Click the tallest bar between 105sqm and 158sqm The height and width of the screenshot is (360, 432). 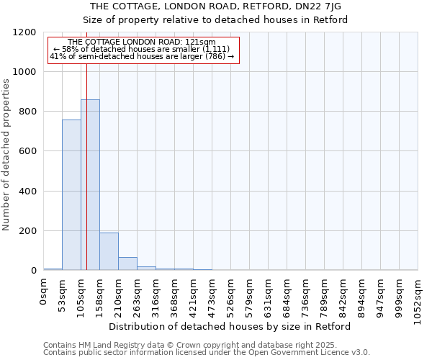pyautogui.click(x=90, y=185)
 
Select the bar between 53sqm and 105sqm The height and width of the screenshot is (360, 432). pyautogui.click(x=71, y=195)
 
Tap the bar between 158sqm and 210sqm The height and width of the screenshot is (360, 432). pyautogui.click(x=109, y=251)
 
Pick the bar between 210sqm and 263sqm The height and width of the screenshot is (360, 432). pyautogui.click(x=127, y=264)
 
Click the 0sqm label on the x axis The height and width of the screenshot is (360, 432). pyautogui.click(x=44, y=292)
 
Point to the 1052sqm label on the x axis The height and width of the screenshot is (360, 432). pyautogui.click(x=418, y=297)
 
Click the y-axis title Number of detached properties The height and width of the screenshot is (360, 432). pyautogui.click(x=6, y=155)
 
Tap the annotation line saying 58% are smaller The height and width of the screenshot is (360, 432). pyautogui.click(x=142, y=49)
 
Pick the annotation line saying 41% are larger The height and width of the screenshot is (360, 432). pyautogui.click(x=142, y=55)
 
